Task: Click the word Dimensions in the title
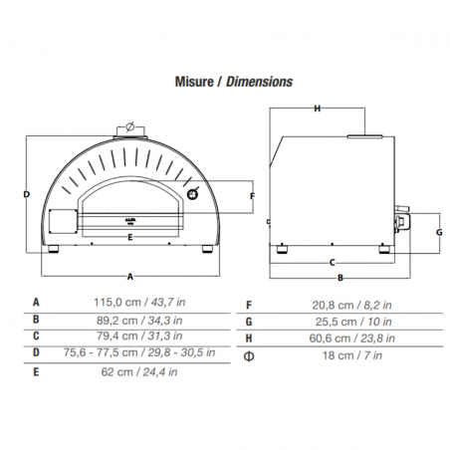(259, 82)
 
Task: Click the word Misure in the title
(194, 82)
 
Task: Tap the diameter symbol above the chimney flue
(129, 126)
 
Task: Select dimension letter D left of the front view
(27, 194)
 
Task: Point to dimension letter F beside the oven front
(252, 196)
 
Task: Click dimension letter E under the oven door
(130, 237)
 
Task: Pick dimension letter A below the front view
(130, 276)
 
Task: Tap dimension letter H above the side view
(318, 109)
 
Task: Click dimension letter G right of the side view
(439, 232)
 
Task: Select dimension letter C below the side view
(332, 263)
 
